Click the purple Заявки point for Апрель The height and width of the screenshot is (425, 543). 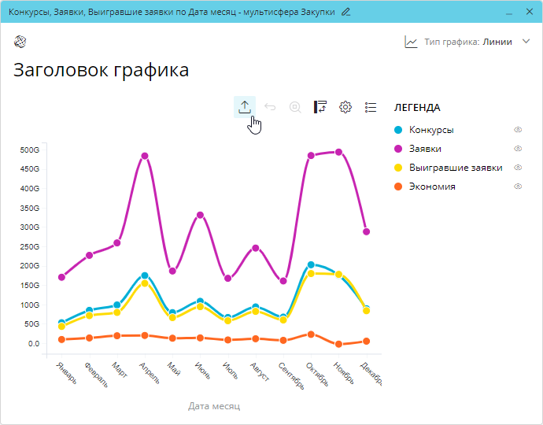[145, 156]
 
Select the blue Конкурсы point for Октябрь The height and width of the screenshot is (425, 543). [311, 265]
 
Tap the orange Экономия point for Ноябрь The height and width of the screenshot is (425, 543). [338, 344]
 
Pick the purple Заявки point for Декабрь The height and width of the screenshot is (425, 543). [366, 231]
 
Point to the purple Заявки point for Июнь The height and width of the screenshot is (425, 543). [200, 215]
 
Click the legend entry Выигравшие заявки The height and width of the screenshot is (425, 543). [455, 168]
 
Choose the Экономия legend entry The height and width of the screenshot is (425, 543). [432, 187]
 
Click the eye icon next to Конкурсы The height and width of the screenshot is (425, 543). [518, 130]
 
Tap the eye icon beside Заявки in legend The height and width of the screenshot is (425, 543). [518, 149]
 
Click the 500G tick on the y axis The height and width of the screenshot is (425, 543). [30, 150]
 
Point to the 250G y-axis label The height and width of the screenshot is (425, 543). [30, 246]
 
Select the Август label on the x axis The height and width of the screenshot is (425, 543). [260, 373]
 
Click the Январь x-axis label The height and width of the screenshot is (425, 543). [67, 373]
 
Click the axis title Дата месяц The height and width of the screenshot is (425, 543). [214, 406]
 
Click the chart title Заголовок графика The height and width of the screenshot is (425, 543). [102, 70]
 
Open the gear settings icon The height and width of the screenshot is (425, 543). [345, 107]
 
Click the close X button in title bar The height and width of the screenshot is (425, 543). [526, 12]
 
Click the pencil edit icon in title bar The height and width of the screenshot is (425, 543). [346, 12]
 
